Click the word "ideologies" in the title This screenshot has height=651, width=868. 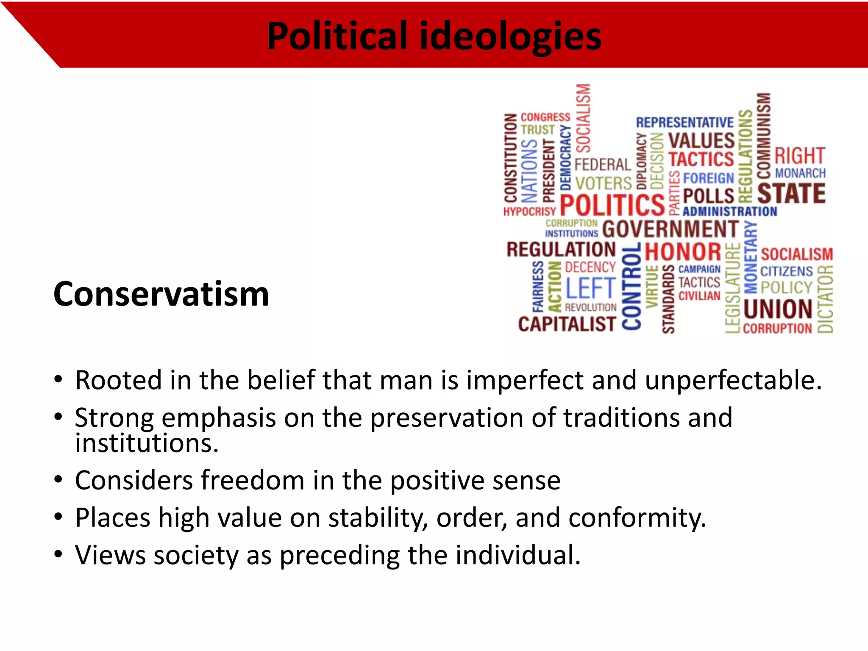coord(510,36)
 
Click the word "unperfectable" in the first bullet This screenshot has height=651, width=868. coord(733,380)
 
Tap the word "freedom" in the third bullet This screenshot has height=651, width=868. coord(253,480)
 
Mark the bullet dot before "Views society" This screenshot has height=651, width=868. coord(58,554)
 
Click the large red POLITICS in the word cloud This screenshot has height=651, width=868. coord(612,205)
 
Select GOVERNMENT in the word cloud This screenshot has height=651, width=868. coord(670,229)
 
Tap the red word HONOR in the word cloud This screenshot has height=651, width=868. coord(683,252)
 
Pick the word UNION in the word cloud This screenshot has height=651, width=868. coord(778,309)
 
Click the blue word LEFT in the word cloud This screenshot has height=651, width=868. coord(591,288)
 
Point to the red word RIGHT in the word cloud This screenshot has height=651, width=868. coord(800,156)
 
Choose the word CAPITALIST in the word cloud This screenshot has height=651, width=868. coord(567,324)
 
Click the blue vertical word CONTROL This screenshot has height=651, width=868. coord(632,287)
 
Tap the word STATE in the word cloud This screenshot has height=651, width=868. coord(791,193)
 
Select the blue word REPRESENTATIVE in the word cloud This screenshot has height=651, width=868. coord(684,122)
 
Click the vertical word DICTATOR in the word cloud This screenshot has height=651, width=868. coord(825,299)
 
